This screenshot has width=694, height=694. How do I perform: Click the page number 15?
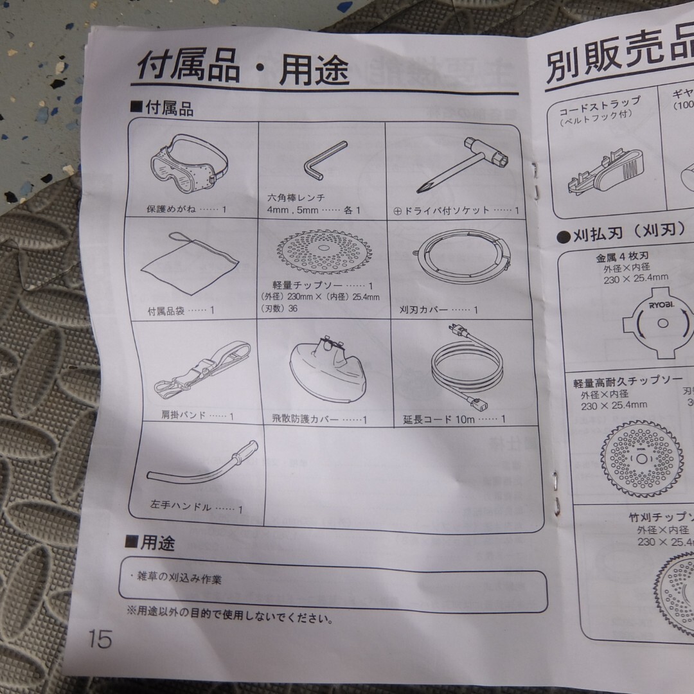pyautogui.click(x=100, y=639)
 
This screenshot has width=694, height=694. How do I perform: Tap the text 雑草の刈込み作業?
pyautogui.click(x=174, y=578)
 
